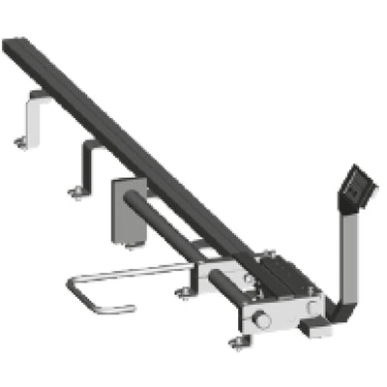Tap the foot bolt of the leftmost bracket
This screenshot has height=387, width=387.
21,144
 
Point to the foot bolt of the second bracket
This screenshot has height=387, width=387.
75,193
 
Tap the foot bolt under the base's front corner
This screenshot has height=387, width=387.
239,341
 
